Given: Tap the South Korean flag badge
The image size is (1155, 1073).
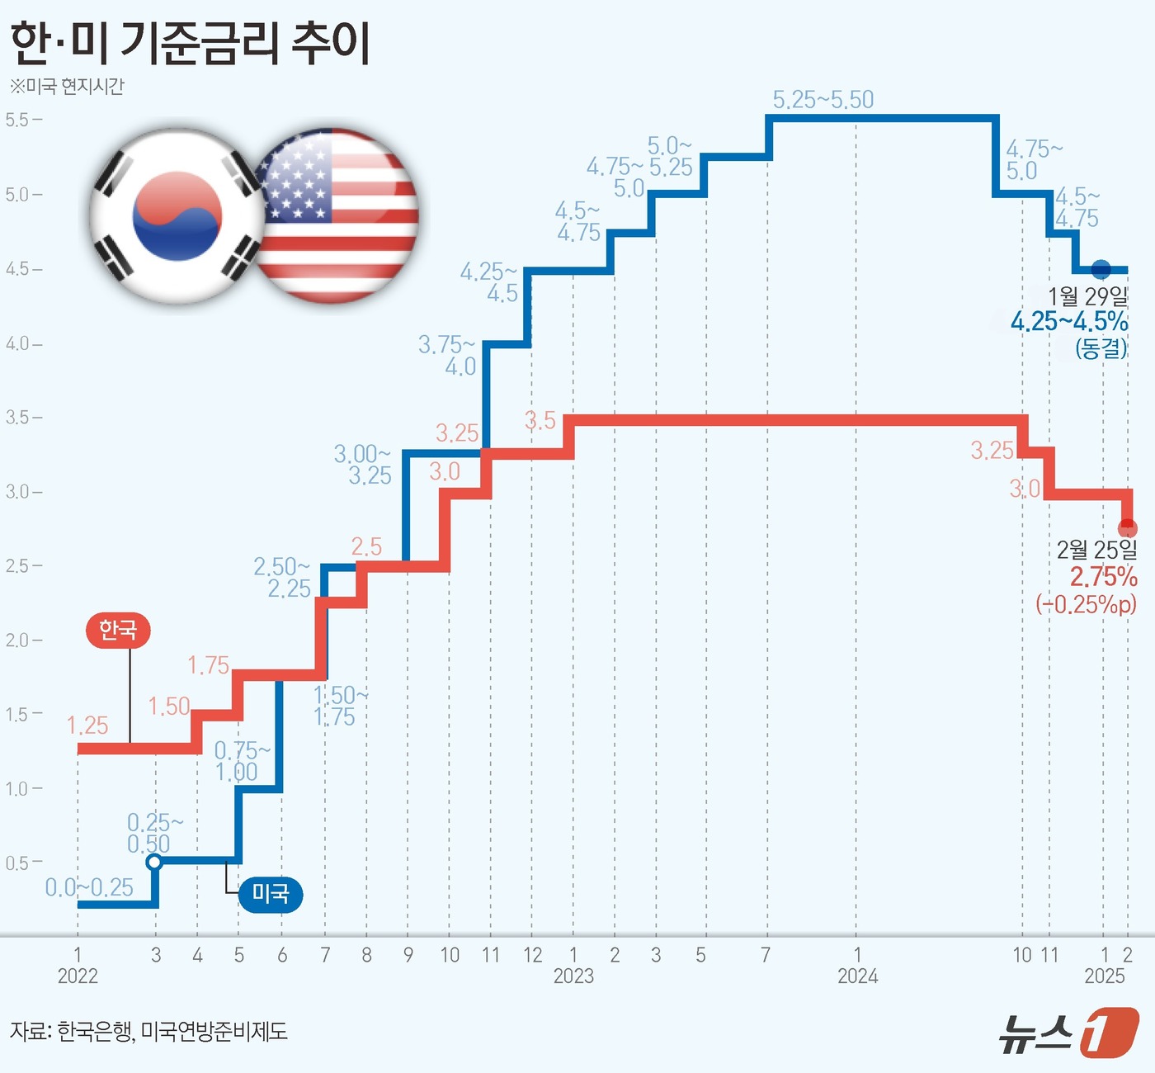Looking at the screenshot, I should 177,216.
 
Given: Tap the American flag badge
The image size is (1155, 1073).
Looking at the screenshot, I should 335,216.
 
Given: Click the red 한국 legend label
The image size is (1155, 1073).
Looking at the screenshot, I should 118,630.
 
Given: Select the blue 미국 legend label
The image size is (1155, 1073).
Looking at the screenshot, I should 270,893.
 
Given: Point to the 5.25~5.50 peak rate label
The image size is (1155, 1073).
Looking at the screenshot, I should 823,100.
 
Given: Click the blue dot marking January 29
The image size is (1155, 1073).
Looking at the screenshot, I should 1101,269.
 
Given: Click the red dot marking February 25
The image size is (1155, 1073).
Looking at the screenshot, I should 1127,528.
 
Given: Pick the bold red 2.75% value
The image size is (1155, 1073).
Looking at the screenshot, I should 1103,576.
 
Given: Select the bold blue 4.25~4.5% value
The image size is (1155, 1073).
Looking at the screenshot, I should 1069,321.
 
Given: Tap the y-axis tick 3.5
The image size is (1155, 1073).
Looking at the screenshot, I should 18,418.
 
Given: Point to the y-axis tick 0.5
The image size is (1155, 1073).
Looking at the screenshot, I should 18,863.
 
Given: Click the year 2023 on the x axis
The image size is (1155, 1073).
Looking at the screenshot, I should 573,976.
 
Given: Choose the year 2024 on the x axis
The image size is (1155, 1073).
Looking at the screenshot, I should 857,976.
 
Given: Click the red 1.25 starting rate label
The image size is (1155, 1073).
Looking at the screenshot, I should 87,726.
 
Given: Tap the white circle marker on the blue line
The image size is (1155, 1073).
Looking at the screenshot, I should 153,863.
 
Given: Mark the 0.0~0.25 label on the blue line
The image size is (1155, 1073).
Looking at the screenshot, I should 89,887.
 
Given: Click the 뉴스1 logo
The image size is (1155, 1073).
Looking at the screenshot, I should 1069,1032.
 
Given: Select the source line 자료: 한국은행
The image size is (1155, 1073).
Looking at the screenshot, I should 148,1031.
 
